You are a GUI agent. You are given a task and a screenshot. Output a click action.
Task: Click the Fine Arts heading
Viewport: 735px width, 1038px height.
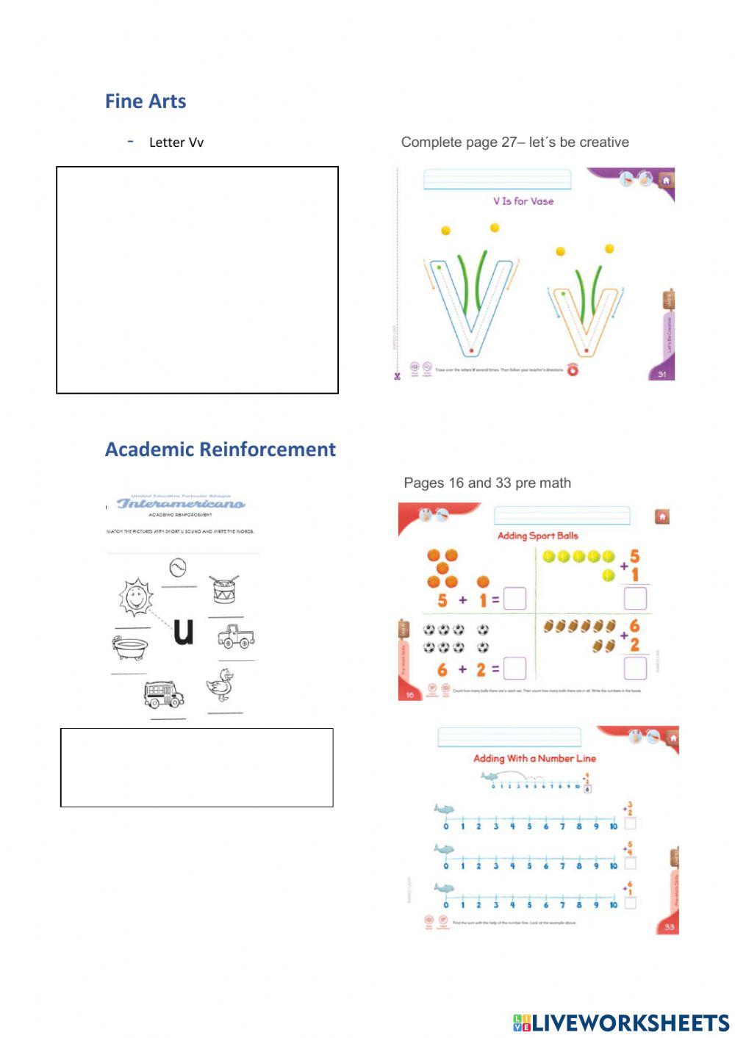point(146,101)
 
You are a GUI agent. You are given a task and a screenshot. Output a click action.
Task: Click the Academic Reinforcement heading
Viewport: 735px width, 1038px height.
point(220,450)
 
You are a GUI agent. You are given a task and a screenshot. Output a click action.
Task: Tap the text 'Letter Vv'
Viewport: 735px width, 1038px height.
point(176,143)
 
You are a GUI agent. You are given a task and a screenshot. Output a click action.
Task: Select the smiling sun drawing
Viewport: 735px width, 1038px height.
point(136,597)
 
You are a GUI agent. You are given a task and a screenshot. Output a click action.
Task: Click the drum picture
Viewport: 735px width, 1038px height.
point(224,589)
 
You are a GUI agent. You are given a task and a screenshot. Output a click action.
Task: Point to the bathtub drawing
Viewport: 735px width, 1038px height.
point(130,647)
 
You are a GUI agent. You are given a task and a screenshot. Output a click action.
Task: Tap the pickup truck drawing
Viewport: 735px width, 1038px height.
point(236,636)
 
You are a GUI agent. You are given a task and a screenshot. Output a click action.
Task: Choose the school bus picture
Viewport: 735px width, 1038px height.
point(164,693)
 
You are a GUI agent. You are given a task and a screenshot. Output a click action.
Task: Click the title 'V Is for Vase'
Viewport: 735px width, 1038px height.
point(523,201)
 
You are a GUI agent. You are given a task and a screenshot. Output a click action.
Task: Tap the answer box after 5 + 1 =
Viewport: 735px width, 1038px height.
point(515,599)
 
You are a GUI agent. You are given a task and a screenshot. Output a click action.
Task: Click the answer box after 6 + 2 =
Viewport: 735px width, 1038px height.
point(515,668)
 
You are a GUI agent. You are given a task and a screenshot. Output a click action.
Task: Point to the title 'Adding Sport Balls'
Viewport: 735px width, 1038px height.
point(537,536)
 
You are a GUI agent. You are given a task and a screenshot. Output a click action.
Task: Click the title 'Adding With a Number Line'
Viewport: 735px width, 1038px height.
point(534,758)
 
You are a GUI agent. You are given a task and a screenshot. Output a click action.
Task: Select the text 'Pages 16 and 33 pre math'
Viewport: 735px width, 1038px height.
point(487,483)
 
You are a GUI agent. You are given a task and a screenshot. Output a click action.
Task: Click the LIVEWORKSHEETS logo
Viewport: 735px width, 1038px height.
point(621,1023)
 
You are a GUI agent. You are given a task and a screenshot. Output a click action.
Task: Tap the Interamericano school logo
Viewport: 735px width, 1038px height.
point(181,503)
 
